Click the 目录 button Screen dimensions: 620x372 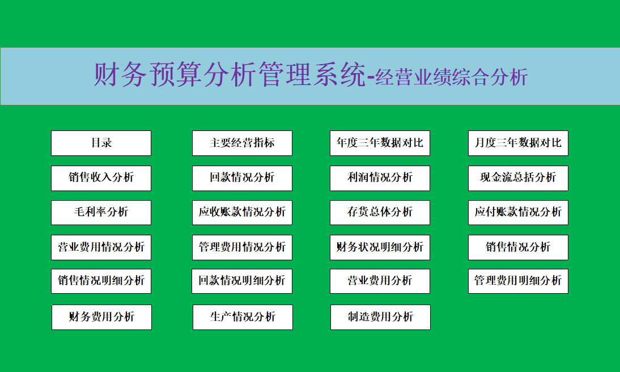101,143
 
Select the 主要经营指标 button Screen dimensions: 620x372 242,143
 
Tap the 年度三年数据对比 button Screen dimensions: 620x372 380,143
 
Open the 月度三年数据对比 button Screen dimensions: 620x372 518,143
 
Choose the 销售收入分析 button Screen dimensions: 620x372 101,178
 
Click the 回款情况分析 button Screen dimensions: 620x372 242,178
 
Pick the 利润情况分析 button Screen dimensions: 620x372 380,178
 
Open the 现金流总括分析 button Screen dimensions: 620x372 518,178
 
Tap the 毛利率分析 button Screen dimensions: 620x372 101,213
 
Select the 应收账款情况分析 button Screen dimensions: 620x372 242,213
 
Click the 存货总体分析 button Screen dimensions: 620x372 380,213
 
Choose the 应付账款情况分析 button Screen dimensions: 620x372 518,213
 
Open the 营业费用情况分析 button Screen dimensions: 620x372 101,247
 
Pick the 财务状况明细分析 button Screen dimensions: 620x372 380,247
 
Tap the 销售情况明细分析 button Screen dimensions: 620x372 101,281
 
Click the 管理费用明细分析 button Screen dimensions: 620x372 518,281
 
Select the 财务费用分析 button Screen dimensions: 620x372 101,317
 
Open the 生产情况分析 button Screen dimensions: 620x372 243,317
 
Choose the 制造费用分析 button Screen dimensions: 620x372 380,317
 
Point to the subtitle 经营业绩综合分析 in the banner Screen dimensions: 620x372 452,77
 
